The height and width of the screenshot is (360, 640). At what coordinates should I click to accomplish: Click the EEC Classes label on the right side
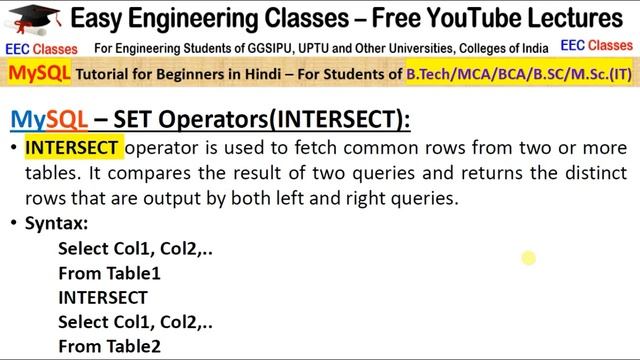[596, 46]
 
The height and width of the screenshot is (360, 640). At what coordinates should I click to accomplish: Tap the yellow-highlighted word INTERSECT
[72, 149]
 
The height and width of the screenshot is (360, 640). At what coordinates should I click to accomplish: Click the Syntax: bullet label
[56, 224]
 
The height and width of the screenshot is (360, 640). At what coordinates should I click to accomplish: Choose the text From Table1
[109, 273]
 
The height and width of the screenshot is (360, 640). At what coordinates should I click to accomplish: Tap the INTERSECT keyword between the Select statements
[103, 297]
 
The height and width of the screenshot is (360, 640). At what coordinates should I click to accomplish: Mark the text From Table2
[109, 346]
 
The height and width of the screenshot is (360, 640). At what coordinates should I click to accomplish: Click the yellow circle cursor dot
[528, 259]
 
